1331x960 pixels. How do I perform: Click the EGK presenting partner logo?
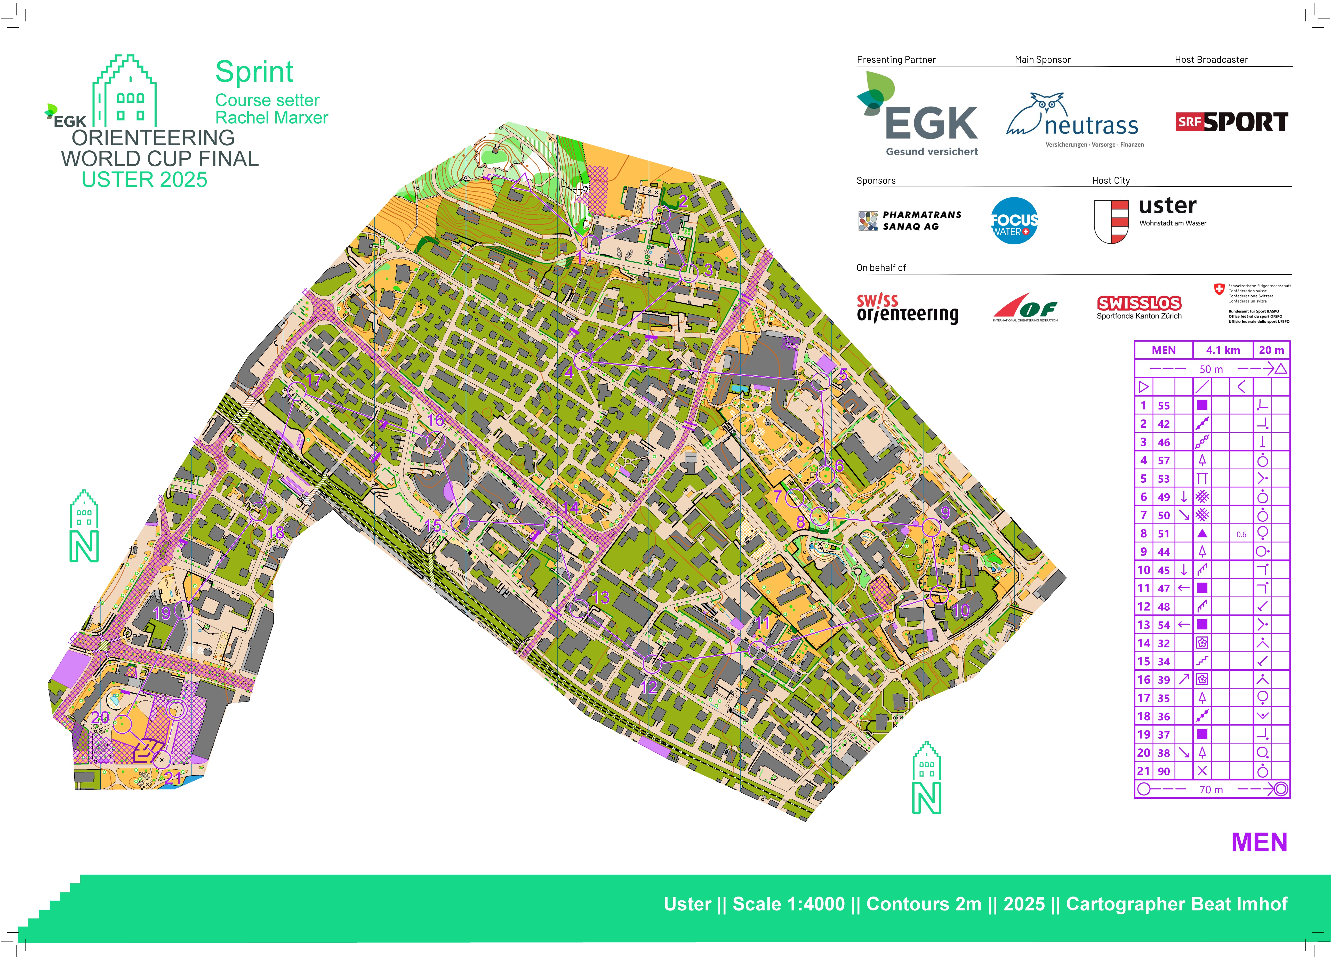918,115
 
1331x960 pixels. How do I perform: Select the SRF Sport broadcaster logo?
1231,122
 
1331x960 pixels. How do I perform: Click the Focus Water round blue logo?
1014,221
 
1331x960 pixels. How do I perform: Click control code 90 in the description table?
1164,771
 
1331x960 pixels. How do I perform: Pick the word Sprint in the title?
254,72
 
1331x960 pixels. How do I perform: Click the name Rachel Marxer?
272,118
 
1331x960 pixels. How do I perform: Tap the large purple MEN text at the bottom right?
1259,842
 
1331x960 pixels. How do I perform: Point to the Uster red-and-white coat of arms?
1111,221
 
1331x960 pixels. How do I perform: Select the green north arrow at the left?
84,527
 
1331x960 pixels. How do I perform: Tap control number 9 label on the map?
945,512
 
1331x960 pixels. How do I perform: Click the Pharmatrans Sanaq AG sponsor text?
921,221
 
